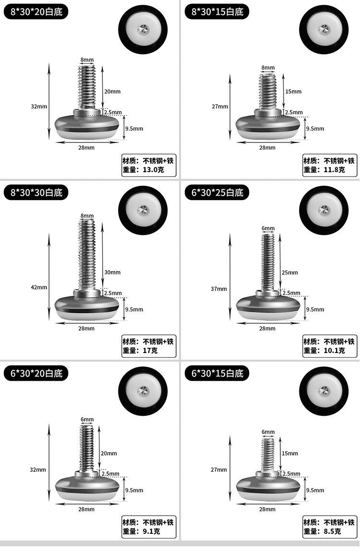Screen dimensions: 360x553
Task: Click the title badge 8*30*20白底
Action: pyautogui.click(x=36, y=12)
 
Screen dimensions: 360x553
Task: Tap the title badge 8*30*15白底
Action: pyautogui.click(x=216, y=12)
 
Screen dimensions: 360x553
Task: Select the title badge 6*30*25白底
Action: pyautogui.click(x=216, y=192)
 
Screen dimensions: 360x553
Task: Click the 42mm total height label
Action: pyautogui.click(x=39, y=287)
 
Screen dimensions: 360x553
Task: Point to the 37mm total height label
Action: pyautogui.click(x=219, y=289)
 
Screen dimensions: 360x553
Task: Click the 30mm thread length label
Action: pyautogui.click(x=112, y=272)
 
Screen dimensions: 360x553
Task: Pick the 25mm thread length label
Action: pyautogui.click(x=289, y=272)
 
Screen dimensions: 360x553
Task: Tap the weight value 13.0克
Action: pyautogui.click(x=153, y=170)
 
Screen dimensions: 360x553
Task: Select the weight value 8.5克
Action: pyautogui.click(x=332, y=531)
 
